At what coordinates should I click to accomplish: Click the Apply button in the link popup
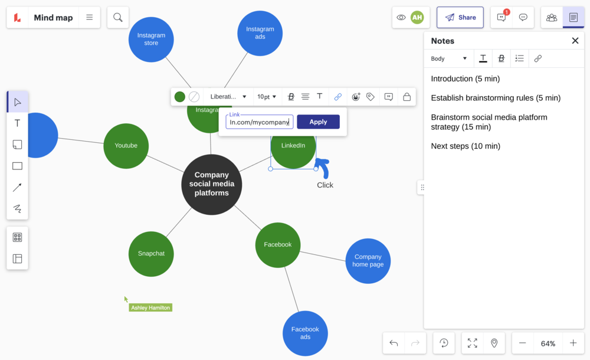tap(318, 122)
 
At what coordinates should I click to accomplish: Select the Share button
tap(460, 18)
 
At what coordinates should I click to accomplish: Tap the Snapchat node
tap(151, 253)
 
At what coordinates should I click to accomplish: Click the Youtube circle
tap(126, 146)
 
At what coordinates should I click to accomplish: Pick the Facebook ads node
tap(305, 333)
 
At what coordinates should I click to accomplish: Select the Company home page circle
tap(368, 261)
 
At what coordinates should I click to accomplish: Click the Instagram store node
tap(151, 39)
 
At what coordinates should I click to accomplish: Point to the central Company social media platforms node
tap(211, 184)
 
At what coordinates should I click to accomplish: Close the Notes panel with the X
tap(575, 41)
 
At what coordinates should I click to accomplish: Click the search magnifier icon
tap(118, 18)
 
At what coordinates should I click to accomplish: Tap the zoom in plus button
tap(573, 343)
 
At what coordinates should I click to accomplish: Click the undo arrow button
tap(394, 343)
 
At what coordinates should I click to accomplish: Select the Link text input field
tap(260, 122)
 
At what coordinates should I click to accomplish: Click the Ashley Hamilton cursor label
tap(150, 307)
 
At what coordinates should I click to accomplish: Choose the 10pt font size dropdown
tap(267, 97)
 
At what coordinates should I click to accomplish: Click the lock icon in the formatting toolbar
tap(407, 97)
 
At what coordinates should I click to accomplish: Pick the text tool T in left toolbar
tap(17, 123)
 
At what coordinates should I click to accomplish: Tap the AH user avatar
tap(417, 18)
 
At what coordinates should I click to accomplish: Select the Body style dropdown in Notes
tap(448, 58)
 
